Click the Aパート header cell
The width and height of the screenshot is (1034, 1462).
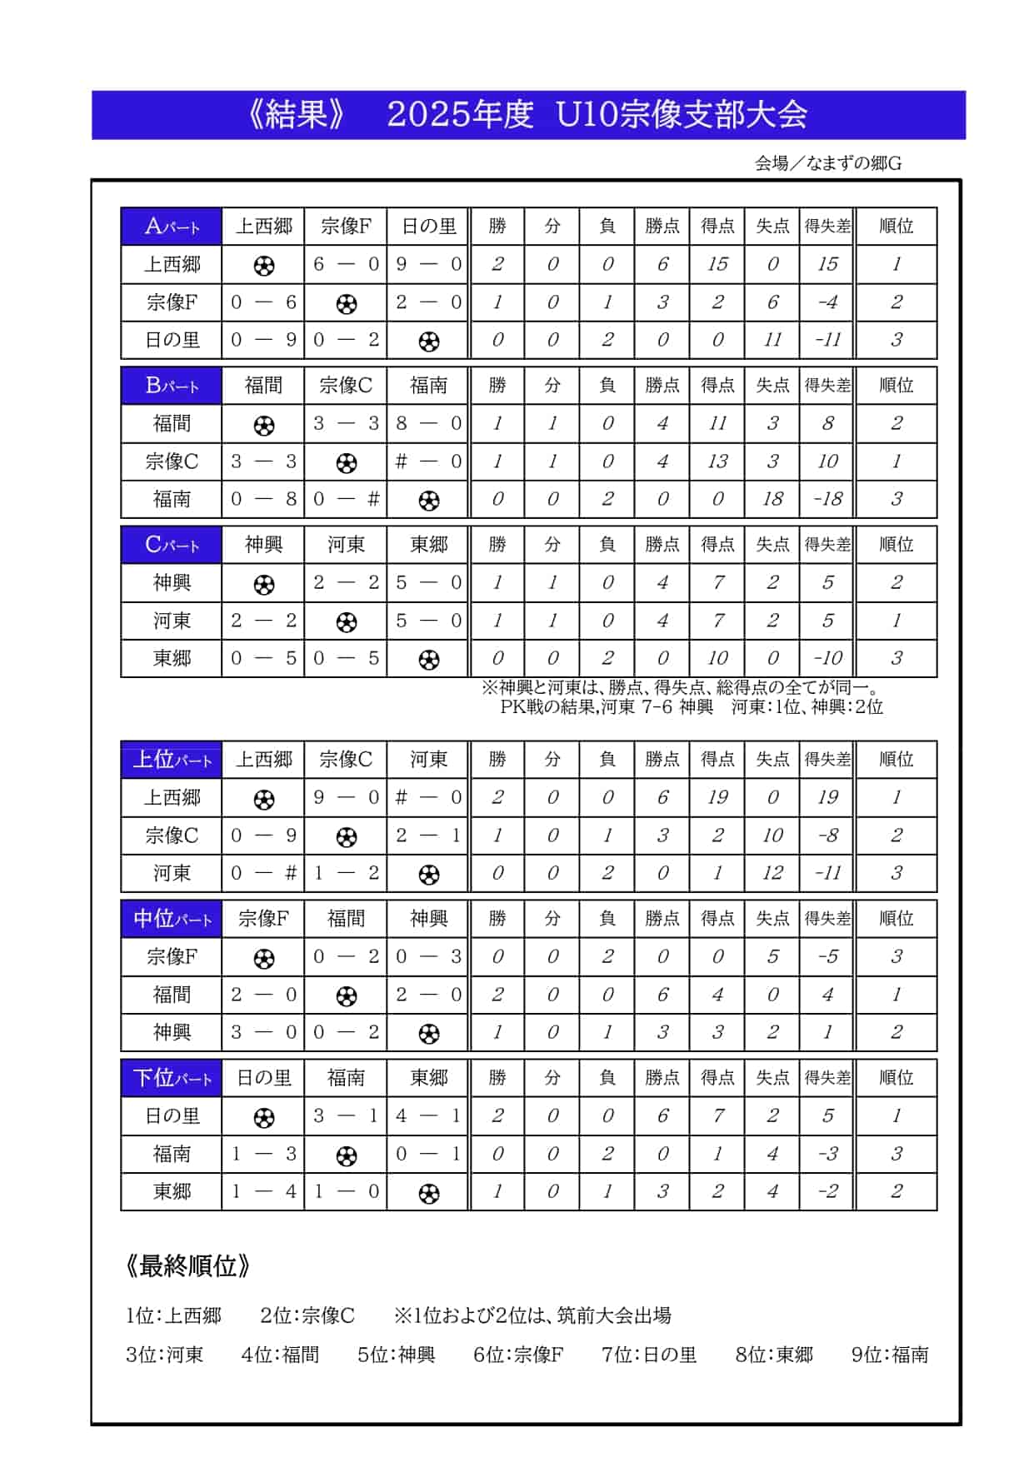[x=172, y=226]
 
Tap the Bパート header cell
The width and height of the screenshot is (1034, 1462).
[x=172, y=385]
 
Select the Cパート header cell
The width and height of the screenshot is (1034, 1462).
[x=172, y=544]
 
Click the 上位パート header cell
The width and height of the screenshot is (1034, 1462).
[x=172, y=759]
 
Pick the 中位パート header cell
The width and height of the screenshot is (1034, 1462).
[x=172, y=918]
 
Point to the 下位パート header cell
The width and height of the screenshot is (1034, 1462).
[x=172, y=1077]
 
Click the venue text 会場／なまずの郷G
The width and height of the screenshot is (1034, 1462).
[x=827, y=163]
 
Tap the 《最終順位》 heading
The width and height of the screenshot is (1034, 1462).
[x=187, y=1265]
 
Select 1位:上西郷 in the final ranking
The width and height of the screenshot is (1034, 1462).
[x=173, y=1315]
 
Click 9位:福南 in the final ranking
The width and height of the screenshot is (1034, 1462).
[x=889, y=1355]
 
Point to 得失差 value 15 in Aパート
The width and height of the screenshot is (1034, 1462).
[x=827, y=264]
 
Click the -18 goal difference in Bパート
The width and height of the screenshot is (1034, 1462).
[x=827, y=499]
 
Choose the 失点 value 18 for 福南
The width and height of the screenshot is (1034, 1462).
[x=772, y=499]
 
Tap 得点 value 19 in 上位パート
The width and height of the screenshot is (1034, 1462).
[x=717, y=797]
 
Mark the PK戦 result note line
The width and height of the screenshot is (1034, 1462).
[x=691, y=707]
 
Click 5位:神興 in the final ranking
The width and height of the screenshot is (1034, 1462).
[x=396, y=1355]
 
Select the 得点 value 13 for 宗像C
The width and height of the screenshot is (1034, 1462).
[x=717, y=462]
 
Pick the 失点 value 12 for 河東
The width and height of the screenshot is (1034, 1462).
[x=772, y=873]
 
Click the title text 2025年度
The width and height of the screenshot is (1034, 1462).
[x=460, y=115]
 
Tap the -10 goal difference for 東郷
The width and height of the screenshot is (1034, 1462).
[x=827, y=658]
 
